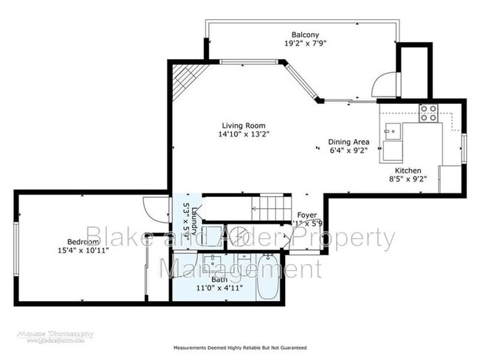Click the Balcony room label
pyautogui.click(x=305, y=35)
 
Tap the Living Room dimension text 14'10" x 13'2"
pyautogui.click(x=244, y=134)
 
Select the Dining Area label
pyautogui.click(x=349, y=142)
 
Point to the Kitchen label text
pyautogui.click(x=408, y=169)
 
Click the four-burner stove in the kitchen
pyautogui.click(x=428, y=113)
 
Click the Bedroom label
pyautogui.click(x=83, y=242)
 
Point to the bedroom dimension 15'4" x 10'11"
pyautogui.click(x=83, y=251)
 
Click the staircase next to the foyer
pyautogui.click(x=270, y=207)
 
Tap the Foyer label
pyautogui.click(x=306, y=215)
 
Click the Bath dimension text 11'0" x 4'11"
pyautogui.click(x=219, y=288)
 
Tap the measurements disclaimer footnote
pyautogui.click(x=240, y=347)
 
